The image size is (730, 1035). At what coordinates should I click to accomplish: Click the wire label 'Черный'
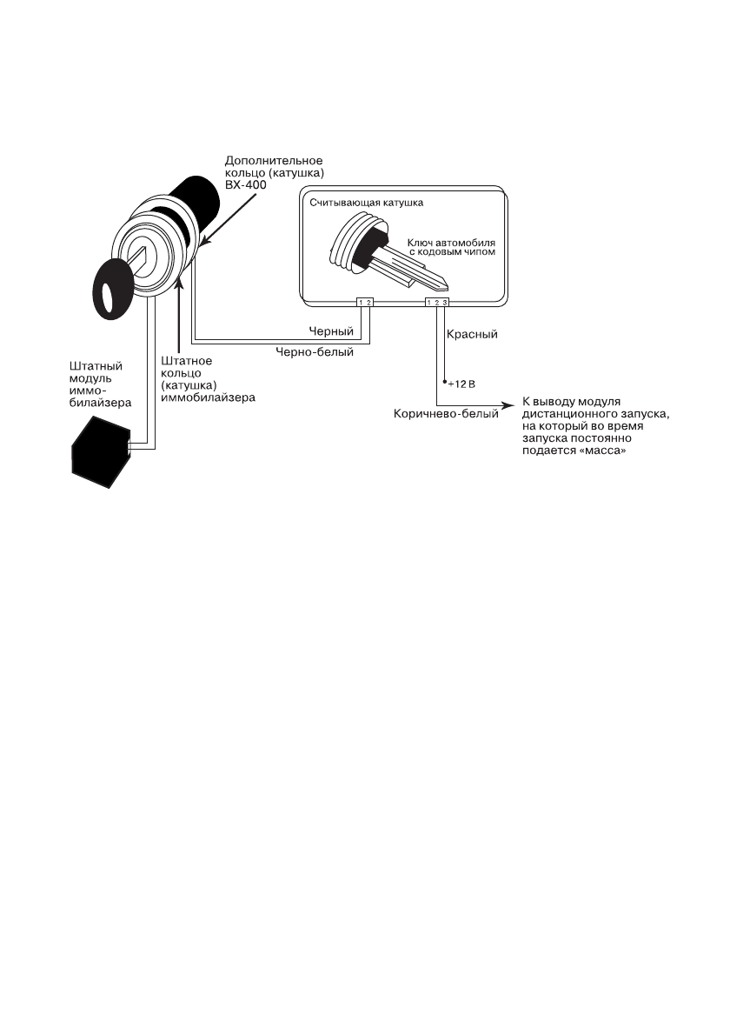(330, 332)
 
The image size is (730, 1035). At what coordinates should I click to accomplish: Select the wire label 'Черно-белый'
(315, 353)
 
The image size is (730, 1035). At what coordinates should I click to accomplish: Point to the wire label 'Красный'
(472, 334)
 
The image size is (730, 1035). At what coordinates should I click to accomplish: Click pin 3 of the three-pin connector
(445, 303)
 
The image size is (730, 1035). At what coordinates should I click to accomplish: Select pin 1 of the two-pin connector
(361, 303)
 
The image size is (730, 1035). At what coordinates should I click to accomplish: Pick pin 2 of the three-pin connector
(437, 303)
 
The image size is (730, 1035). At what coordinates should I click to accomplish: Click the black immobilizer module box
(98, 449)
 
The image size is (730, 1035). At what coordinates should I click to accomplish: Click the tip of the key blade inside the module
(447, 285)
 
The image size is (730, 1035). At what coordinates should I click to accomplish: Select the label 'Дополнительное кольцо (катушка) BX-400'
(274, 173)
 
